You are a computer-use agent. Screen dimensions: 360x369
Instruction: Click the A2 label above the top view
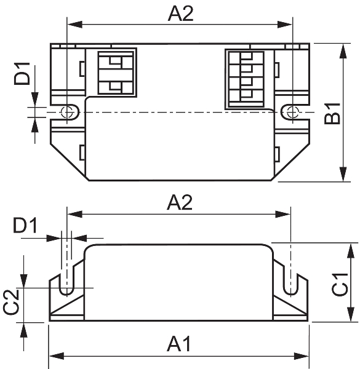tap(180, 14)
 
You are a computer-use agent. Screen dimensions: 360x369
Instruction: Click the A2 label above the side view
tap(180, 202)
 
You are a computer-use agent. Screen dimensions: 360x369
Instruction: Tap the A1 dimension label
tap(179, 344)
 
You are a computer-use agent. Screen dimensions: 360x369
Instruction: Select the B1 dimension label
tap(332, 114)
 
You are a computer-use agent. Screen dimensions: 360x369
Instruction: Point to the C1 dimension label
tap(340, 285)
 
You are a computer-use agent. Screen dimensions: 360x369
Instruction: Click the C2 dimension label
tap(11, 302)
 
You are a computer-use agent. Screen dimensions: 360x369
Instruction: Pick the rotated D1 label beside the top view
tap(22, 73)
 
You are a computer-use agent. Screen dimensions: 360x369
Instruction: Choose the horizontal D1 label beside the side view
tap(25, 226)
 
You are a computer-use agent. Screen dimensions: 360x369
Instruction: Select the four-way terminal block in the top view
tap(246, 79)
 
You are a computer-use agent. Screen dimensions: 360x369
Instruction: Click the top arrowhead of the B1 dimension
tap(343, 51)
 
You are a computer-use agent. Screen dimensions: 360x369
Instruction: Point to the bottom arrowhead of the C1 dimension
tap(351, 314)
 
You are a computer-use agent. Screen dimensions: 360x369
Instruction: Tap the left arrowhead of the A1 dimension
tap(57, 356)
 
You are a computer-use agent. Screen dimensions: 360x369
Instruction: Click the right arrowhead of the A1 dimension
tap(302, 356)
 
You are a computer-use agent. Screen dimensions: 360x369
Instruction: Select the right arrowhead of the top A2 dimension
tap(285, 24)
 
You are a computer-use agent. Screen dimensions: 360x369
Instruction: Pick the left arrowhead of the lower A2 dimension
tap(75, 214)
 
